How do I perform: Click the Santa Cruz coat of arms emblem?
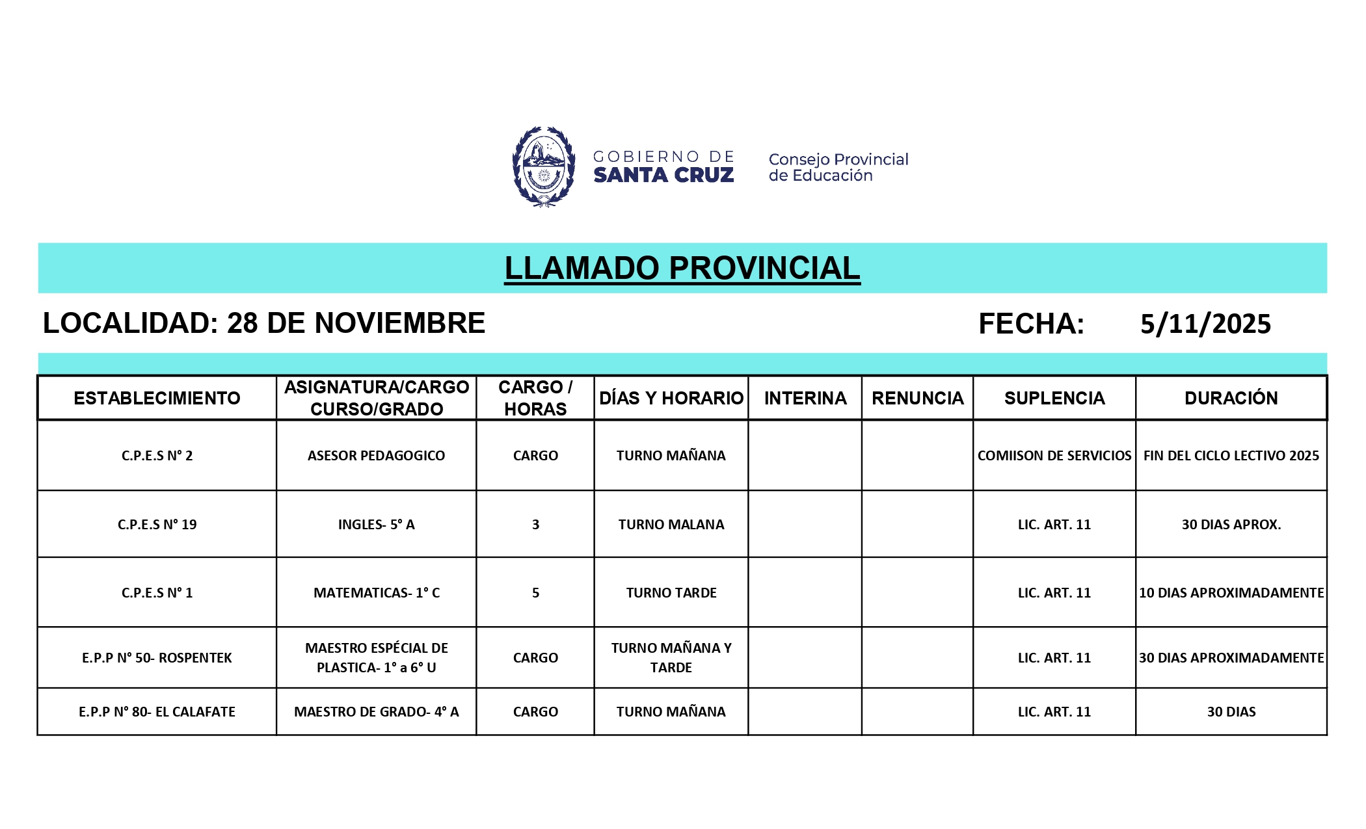point(544,166)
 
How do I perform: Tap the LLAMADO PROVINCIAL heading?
point(682,269)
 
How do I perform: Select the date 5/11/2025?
point(1205,324)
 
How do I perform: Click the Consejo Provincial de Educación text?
point(838,167)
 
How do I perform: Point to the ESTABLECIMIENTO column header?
point(157,398)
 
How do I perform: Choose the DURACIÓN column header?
point(1231,398)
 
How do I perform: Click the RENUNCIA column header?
point(917,398)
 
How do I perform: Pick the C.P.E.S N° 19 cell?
point(157,525)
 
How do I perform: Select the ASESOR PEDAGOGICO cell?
point(376,456)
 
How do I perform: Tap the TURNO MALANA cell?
point(671,525)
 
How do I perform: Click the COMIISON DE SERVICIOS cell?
point(1054,456)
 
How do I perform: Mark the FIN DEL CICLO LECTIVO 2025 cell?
point(1231,456)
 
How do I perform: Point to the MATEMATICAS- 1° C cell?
point(376,593)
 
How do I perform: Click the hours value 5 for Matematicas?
point(535,593)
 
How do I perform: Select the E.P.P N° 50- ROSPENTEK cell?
point(157,658)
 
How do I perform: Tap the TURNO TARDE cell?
point(671,593)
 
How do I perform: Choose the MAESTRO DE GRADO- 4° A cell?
point(376,712)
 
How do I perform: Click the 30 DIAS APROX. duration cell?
point(1231,525)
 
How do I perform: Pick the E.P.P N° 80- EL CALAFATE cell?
point(157,712)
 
